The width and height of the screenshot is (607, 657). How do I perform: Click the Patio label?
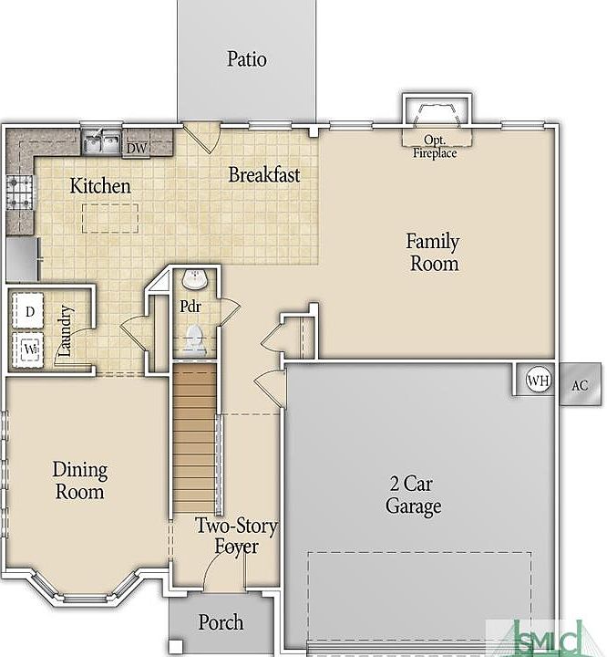point(247,59)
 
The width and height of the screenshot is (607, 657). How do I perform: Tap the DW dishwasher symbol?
point(137,148)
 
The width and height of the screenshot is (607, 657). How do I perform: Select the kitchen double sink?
point(101,141)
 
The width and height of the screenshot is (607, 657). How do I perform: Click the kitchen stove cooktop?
point(20,193)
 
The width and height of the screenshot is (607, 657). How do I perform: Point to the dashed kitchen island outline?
point(110,218)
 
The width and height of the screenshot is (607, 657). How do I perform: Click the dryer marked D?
point(28,310)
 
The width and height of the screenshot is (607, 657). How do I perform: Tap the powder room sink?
point(195,279)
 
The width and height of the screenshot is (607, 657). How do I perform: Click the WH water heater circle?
point(538,380)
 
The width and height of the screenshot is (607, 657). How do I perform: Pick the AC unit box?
point(581,384)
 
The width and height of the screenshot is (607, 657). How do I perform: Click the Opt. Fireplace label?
point(435,147)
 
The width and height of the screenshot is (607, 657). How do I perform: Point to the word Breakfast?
point(264,174)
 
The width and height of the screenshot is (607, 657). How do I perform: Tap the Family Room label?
point(433,253)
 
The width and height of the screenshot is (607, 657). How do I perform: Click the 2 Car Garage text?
point(413,495)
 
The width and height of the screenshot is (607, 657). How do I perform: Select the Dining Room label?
point(80,481)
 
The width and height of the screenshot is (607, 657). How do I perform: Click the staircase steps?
point(195,438)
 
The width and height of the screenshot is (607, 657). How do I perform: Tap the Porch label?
point(221,622)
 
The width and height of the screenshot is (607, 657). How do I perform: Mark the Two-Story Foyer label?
point(236,537)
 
